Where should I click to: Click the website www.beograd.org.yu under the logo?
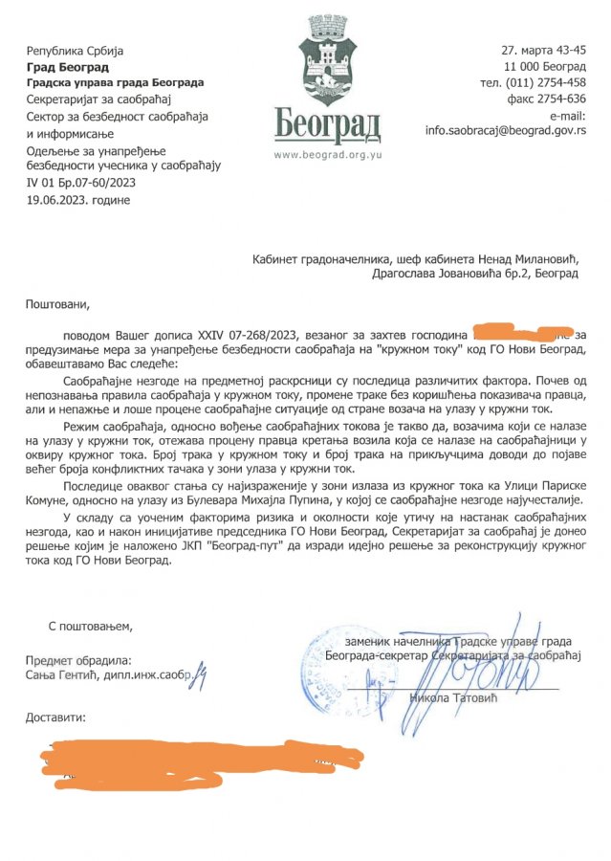point(327,153)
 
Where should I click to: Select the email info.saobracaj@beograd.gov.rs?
point(506,129)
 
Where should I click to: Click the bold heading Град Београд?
point(67,67)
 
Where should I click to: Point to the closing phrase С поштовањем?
point(91,626)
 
